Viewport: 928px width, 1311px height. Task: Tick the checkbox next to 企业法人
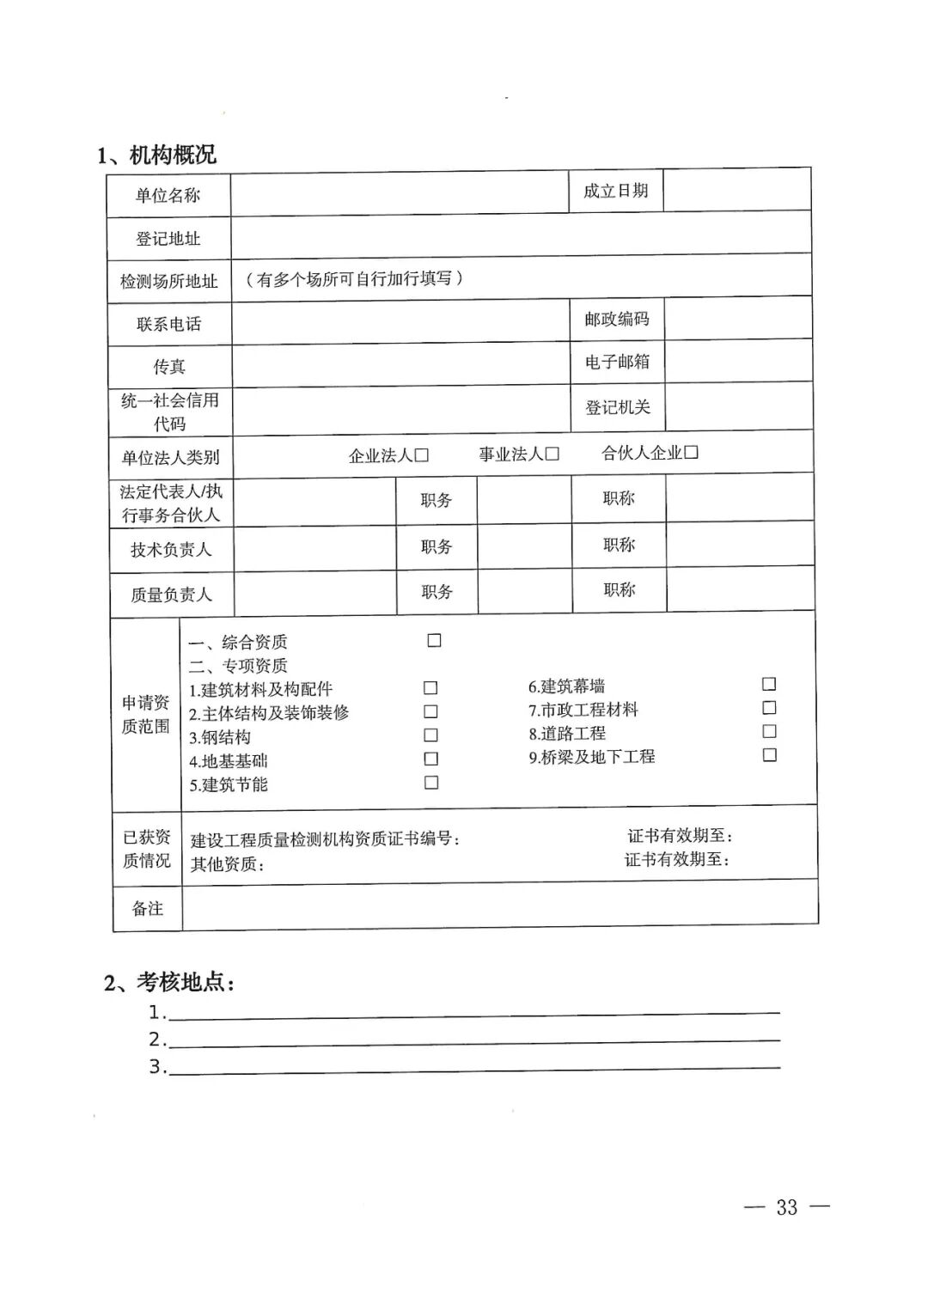tap(421, 455)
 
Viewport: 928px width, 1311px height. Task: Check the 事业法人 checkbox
tap(553, 454)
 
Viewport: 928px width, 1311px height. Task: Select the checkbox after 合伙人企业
tap(691, 452)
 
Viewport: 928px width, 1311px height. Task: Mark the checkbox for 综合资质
tap(434, 640)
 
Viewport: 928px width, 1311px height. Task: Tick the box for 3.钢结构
tap(430, 735)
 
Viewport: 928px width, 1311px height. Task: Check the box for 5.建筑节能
tap(431, 783)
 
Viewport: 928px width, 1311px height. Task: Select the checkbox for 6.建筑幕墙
tap(769, 684)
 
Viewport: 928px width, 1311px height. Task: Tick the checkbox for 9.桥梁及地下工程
tap(770, 755)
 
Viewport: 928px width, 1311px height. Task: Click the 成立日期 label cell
tap(615, 191)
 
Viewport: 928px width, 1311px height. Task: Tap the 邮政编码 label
tap(617, 320)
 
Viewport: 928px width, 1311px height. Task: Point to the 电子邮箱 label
tap(617, 363)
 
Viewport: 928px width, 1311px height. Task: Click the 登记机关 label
tap(618, 407)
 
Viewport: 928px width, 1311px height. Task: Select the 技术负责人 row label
tap(171, 550)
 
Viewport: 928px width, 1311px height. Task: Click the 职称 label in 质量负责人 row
tap(619, 590)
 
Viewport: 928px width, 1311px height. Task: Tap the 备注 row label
tap(147, 908)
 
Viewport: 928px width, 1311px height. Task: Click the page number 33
tap(786, 1207)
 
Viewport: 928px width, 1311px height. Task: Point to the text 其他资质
tap(227, 864)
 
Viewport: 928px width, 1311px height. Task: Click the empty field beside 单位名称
tap(400, 194)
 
